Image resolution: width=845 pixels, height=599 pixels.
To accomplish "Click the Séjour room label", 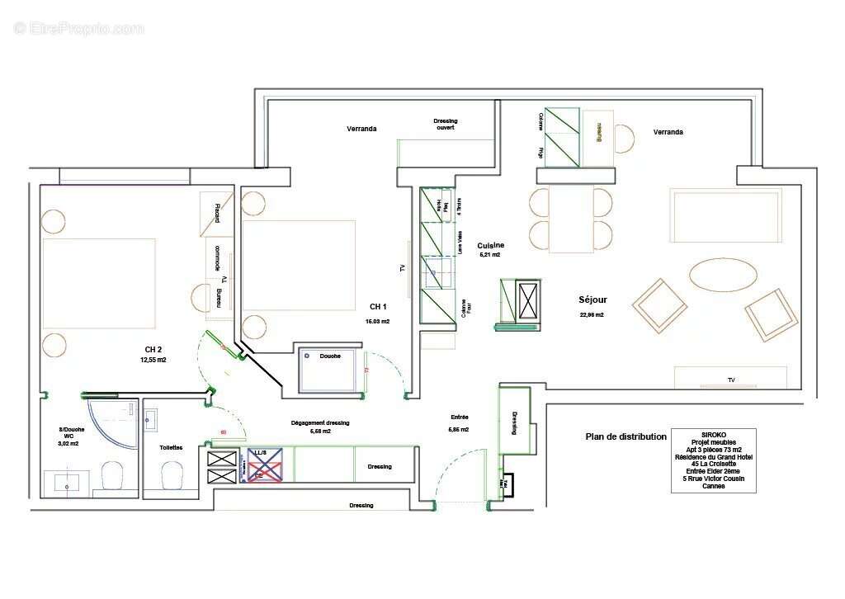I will coord(592,300).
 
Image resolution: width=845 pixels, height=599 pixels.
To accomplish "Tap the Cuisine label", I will coord(490,245).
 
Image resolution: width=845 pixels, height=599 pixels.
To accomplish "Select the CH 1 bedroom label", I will coord(379,306).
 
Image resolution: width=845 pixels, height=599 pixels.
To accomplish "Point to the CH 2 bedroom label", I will coord(153,349).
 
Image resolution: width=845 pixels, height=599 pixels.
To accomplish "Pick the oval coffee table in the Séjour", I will coord(720,276).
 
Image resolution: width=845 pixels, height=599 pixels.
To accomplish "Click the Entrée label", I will coord(459,417).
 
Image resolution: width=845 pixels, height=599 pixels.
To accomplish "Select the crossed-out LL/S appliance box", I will coord(265,465).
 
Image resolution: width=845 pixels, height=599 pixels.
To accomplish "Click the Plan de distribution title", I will coord(625,437).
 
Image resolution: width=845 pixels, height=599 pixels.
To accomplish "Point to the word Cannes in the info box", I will coord(713,486).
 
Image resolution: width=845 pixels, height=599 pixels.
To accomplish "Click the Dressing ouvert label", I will coord(445,125).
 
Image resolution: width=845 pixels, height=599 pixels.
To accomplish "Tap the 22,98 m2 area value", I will coord(592,315).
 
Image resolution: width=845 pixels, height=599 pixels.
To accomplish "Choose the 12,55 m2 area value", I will coord(153,361).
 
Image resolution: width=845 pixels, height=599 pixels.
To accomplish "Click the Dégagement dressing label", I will coord(320,422).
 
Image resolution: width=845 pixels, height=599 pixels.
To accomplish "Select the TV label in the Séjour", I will coord(730,380).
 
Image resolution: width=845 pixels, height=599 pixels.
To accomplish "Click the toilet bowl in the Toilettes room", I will coord(172,475).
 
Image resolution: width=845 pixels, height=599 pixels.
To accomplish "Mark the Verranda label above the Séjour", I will coord(668,132).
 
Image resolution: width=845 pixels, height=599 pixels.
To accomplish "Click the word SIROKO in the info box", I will coord(713,433).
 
